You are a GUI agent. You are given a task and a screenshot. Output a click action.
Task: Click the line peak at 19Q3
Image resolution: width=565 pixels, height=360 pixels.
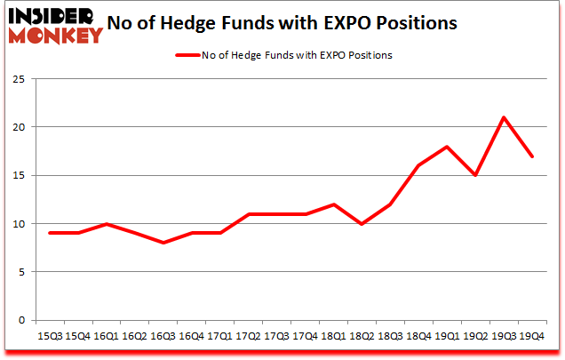pos(504,117)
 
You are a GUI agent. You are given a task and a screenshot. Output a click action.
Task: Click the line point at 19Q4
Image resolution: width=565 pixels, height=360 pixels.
pos(531,156)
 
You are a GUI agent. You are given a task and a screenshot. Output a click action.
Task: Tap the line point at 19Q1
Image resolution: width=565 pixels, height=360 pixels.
pos(447,147)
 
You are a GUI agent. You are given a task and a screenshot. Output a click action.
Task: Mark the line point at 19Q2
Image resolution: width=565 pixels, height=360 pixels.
pos(475,175)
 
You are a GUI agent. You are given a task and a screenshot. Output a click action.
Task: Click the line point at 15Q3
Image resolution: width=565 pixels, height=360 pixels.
pos(50,233)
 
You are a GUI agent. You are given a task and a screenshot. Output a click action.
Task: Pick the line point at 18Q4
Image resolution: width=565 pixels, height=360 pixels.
pos(418,165)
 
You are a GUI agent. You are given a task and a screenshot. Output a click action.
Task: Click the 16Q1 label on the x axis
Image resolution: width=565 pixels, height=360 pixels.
pos(107,336)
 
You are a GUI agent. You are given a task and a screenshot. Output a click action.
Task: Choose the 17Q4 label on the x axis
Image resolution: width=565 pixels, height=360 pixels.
pos(306,336)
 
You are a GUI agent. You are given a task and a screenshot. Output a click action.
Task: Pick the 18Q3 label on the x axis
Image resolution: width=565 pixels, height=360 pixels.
pos(390,336)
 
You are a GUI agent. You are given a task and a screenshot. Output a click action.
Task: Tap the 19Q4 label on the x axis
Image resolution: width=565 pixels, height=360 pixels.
pos(531,336)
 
